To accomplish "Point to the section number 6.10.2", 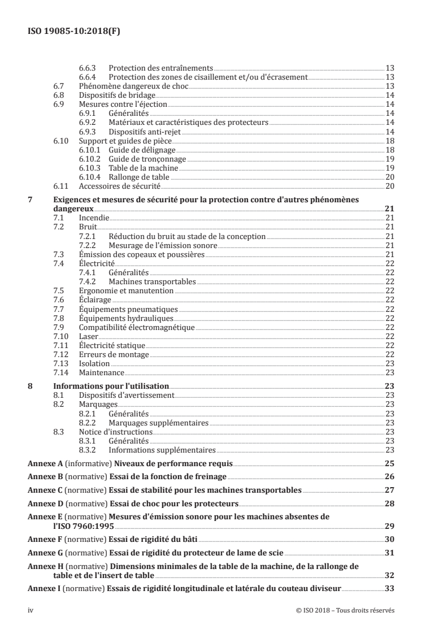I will [90, 159].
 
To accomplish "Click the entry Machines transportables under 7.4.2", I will [153, 281].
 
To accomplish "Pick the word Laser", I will [88, 336].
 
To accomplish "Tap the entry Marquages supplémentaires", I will [159, 423].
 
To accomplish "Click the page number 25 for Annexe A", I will [389, 463].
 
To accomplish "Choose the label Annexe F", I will [45, 539].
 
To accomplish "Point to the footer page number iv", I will [31, 611].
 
